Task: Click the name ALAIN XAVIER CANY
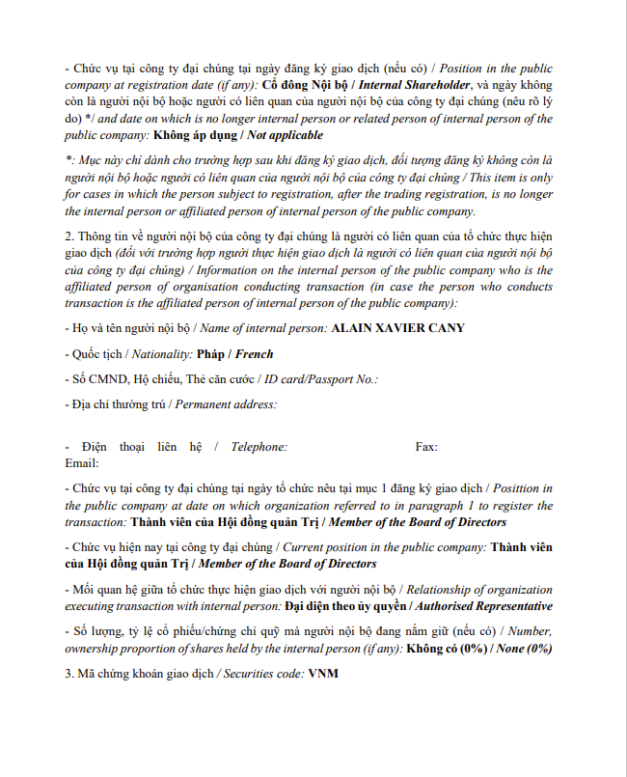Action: coord(397,328)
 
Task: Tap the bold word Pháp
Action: coord(210,354)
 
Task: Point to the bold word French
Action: coord(254,354)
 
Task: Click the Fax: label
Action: coord(426,447)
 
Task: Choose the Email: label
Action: coord(82,463)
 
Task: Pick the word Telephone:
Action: coord(257,447)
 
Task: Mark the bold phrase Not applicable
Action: coord(285,134)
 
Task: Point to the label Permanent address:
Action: coord(227,403)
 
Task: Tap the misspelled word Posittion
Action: coord(520,489)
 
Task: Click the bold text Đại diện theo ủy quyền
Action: coord(349,606)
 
